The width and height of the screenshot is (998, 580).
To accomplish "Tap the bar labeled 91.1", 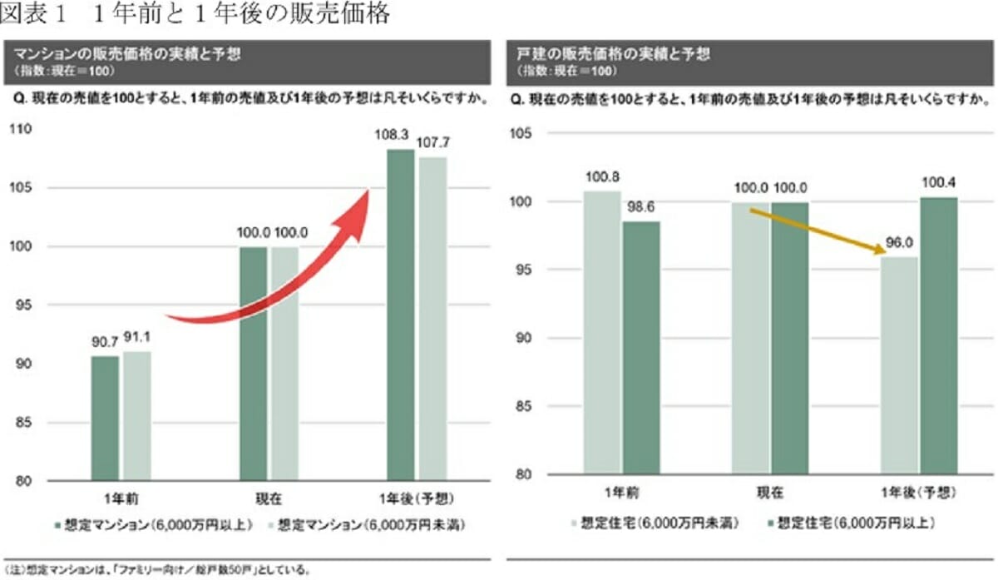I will pyautogui.click(x=136, y=416).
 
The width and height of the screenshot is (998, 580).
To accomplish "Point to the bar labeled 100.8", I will pyautogui.click(x=602, y=333).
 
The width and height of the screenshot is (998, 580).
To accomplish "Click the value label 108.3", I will pyautogui.click(x=400, y=133).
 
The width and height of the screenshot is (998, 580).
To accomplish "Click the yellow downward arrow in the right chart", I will pyautogui.click(x=816, y=231).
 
